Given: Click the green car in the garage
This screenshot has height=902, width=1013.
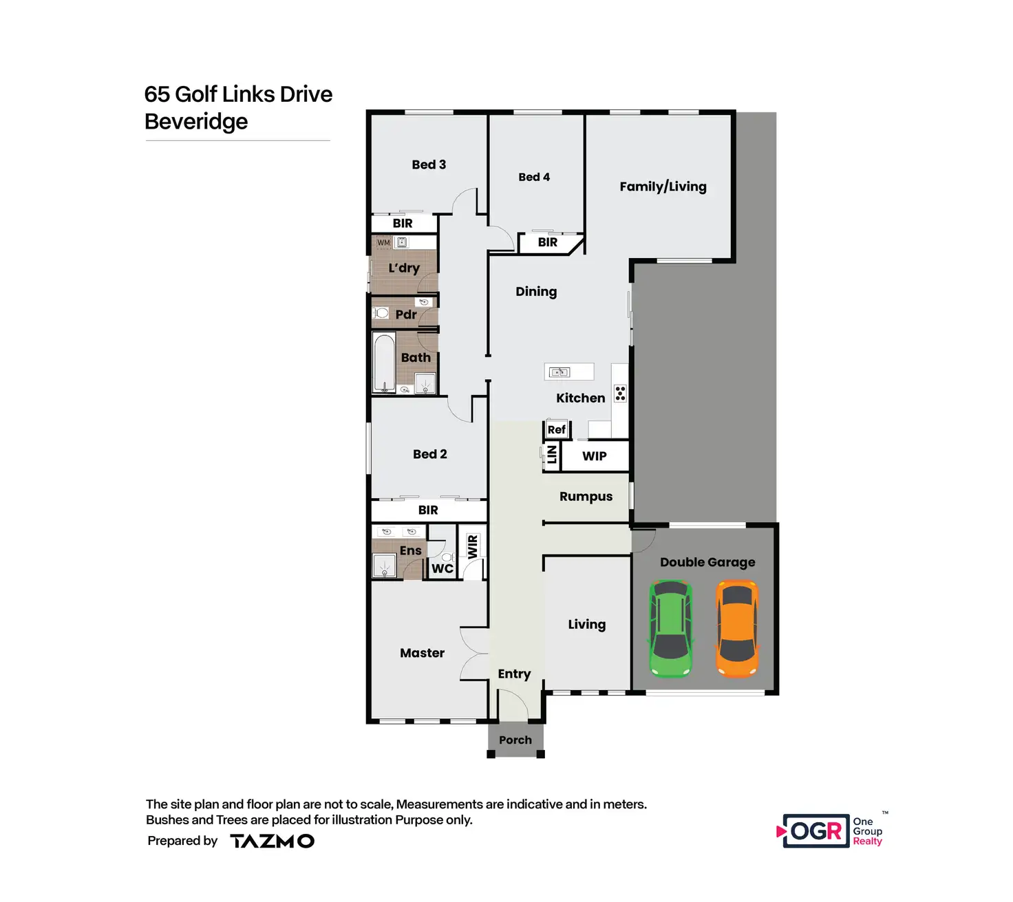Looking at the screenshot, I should coord(671,629).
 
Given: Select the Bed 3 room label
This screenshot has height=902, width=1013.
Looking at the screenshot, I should coord(429,164).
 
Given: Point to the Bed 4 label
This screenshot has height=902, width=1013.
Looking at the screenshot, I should coord(534,177).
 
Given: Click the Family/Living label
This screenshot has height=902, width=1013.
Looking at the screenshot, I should coord(663,186).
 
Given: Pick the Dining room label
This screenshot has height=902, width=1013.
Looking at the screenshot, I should coord(536,292).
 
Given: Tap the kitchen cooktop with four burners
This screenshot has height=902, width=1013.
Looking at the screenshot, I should coord(620,394).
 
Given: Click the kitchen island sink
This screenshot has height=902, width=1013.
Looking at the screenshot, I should coord(559,372).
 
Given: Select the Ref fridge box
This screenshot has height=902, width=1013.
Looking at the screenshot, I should coord(556,429).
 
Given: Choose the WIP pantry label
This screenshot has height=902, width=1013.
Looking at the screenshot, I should coord(595,456).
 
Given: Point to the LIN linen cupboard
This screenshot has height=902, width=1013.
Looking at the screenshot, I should coord(551,455).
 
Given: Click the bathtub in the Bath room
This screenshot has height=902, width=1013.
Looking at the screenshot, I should coord(384,363).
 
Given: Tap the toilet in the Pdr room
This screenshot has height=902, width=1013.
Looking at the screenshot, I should coord(381,313).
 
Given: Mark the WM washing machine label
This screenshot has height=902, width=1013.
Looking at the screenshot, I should coord(383,242).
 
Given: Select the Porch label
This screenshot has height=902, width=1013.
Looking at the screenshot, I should coord(515,740).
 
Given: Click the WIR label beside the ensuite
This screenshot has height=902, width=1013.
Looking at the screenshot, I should coord(472,547).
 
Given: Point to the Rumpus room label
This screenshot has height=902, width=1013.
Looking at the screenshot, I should coord(586,497).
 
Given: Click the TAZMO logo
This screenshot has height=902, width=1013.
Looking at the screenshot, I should coord(272,841).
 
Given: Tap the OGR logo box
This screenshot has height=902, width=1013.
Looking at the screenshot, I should coord(815,831).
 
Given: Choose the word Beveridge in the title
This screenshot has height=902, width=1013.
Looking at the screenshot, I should coord(196,122).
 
